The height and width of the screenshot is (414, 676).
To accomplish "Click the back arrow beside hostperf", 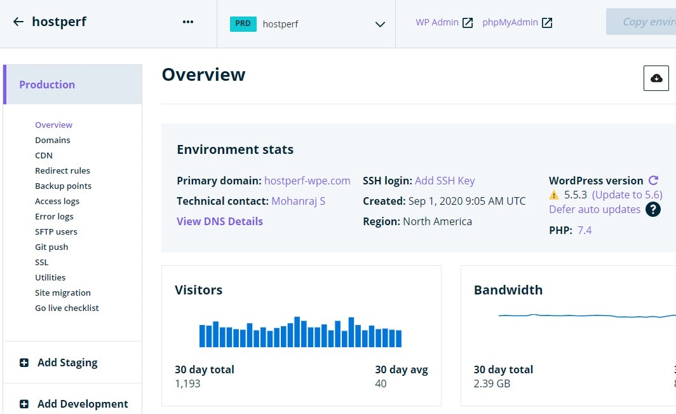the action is [x=18, y=22].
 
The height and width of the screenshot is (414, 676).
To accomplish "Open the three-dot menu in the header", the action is [x=188, y=22].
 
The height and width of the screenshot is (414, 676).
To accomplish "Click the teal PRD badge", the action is [x=243, y=24].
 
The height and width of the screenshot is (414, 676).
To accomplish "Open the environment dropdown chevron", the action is [x=380, y=24].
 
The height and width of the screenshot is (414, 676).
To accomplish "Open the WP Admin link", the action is [x=444, y=22].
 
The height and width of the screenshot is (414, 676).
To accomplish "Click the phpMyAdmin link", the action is [x=517, y=22].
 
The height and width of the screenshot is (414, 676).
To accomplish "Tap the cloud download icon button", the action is [x=656, y=78].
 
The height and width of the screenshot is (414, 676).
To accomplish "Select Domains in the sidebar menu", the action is [x=53, y=140].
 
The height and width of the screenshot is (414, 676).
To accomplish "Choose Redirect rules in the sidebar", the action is [x=62, y=170].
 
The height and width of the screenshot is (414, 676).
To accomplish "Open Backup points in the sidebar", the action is [x=64, y=186].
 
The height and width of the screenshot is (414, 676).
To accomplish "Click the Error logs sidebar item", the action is [x=55, y=216].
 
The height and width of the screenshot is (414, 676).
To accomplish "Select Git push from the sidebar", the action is [x=51, y=247].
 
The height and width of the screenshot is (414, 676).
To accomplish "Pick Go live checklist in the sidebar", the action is [x=67, y=308].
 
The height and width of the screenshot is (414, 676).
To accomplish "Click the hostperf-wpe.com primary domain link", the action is [x=308, y=181].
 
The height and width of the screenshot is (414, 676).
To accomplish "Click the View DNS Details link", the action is [x=220, y=221].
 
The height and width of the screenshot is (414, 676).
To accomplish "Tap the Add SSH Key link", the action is [x=445, y=181].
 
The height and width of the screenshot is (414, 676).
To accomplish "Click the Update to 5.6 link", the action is [x=627, y=195].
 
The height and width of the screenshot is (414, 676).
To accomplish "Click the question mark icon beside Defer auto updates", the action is [x=652, y=209].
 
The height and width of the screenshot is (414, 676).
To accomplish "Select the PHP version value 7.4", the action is [x=585, y=230].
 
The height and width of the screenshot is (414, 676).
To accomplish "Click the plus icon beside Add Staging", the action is [x=24, y=362].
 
